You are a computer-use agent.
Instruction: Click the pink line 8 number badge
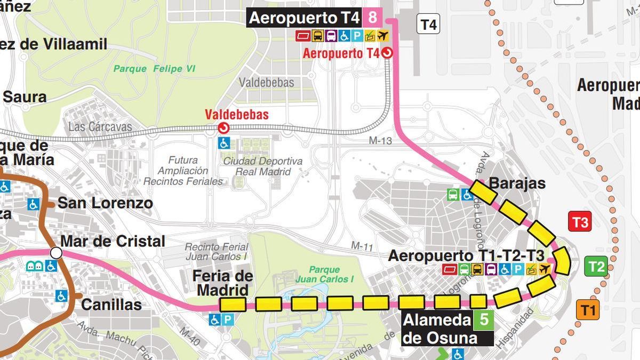coord(372,18)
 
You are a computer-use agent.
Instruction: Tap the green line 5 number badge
coord(484,320)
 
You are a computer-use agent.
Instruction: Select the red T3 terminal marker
coord(580,221)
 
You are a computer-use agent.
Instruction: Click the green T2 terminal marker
coord(596,266)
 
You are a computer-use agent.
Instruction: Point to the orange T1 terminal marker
coord(587,309)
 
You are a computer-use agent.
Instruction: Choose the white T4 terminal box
coord(428,25)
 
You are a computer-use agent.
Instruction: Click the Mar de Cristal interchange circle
coord(56,252)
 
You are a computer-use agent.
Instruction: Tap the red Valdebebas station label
coord(237,115)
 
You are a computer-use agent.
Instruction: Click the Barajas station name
coord(517,183)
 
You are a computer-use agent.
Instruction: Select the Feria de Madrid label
coord(222,283)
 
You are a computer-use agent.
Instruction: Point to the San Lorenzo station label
coord(105,203)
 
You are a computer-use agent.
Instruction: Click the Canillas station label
coord(111,305)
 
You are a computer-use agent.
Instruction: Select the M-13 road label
coord(380,141)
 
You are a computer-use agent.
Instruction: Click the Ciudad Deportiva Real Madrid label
coord(262,166)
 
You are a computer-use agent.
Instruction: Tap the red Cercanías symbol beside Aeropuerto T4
coord(387,53)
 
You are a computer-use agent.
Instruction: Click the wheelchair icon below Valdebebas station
coord(224,143)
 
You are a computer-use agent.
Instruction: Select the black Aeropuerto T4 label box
coord(305,18)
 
